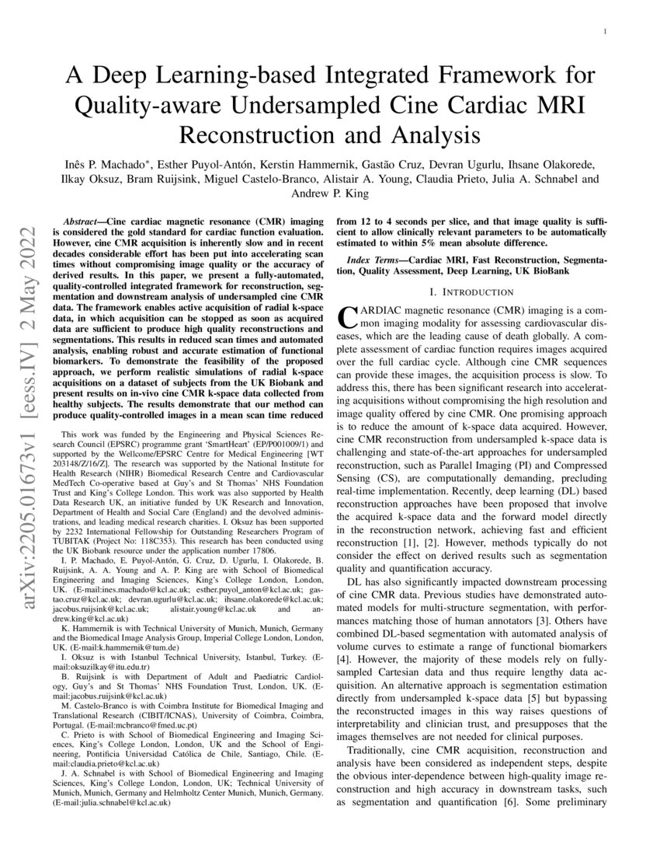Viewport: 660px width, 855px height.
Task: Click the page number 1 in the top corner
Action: [605, 31]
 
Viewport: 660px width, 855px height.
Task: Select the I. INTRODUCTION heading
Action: [472, 292]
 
